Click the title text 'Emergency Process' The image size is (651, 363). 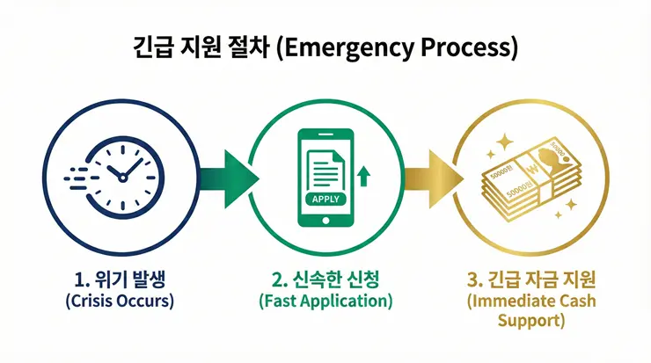[398, 47]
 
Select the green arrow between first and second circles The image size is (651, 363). [230, 175]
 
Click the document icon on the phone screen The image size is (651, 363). [324, 167]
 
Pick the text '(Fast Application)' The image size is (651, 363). [325, 301]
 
